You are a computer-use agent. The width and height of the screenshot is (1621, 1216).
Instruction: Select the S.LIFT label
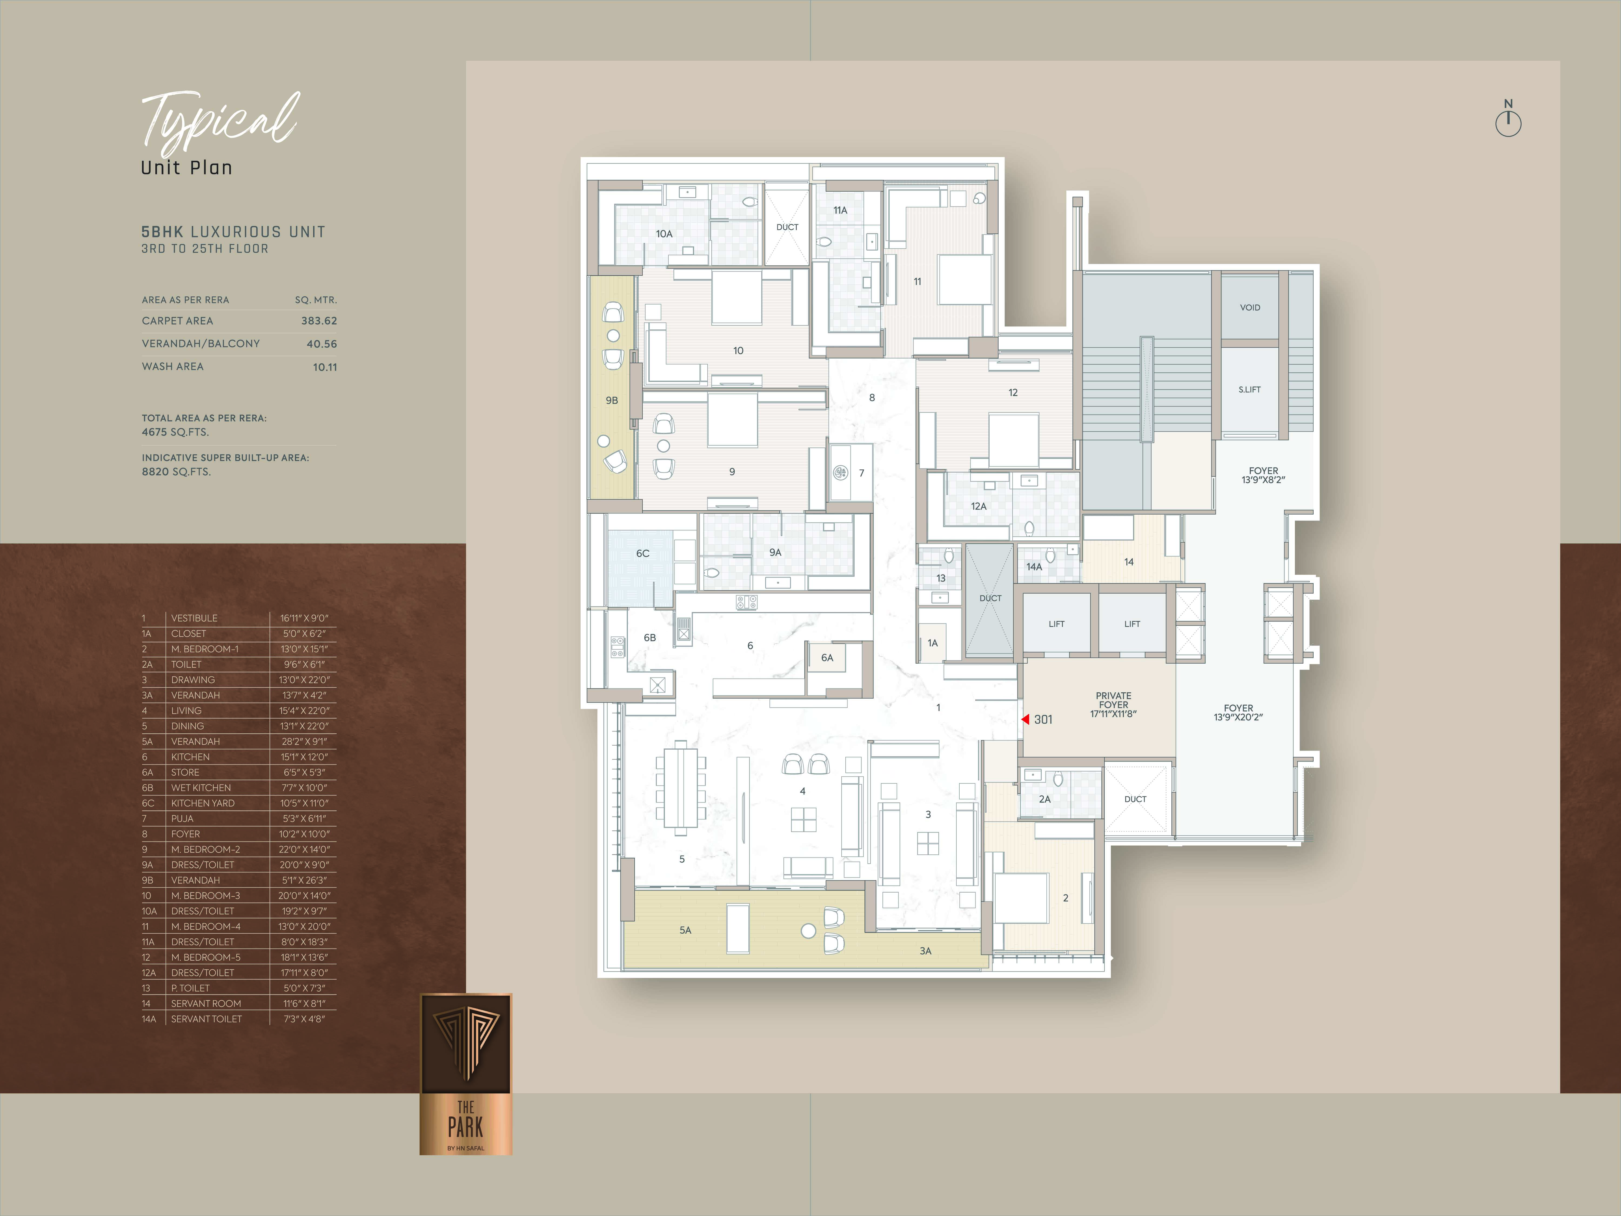pyautogui.click(x=1250, y=390)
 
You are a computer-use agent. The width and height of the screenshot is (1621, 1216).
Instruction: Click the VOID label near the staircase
pyautogui.click(x=1250, y=308)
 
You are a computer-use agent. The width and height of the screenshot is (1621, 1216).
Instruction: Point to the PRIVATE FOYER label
pyautogui.click(x=1113, y=700)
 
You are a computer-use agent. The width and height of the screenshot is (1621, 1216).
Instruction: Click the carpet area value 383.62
pyautogui.click(x=319, y=321)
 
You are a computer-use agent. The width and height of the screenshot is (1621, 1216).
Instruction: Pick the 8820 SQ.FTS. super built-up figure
pyautogui.click(x=176, y=472)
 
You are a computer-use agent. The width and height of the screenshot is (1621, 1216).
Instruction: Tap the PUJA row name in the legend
pyautogui.click(x=182, y=819)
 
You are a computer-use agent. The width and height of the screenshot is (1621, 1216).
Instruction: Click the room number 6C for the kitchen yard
pyautogui.click(x=643, y=553)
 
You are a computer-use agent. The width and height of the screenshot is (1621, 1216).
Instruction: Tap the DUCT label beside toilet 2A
pyautogui.click(x=1135, y=799)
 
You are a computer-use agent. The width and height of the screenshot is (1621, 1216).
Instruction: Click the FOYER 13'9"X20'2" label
pyautogui.click(x=1238, y=713)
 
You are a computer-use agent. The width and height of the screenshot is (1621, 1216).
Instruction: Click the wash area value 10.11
pyautogui.click(x=325, y=367)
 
